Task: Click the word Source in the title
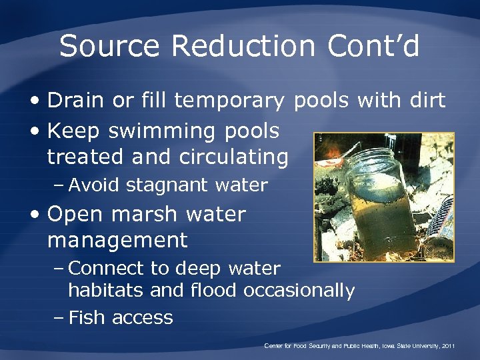point(109,47)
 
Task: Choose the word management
point(117,239)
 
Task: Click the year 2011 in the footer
point(447,346)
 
